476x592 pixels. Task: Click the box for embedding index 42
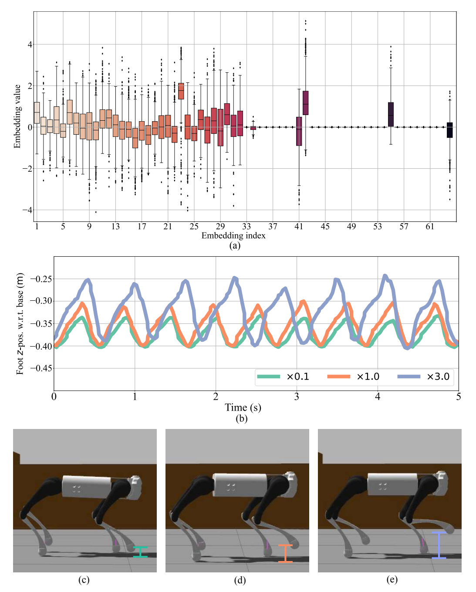(x=305, y=102)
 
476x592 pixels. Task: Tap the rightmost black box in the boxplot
(x=449, y=130)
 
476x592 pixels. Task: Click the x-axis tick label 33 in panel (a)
(x=246, y=226)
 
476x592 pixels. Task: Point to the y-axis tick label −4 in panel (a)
(x=27, y=210)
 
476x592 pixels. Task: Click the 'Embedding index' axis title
(x=233, y=235)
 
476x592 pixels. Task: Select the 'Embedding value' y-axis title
(x=17, y=116)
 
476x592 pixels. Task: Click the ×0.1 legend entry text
(x=297, y=376)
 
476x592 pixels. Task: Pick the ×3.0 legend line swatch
(x=408, y=376)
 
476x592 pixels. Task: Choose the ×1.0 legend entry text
(x=368, y=376)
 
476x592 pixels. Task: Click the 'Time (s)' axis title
(x=243, y=407)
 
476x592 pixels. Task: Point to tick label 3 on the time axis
(x=297, y=396)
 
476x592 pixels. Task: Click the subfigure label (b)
(x=241, y=418)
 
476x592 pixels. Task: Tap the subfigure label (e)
(x=392, y=580)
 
